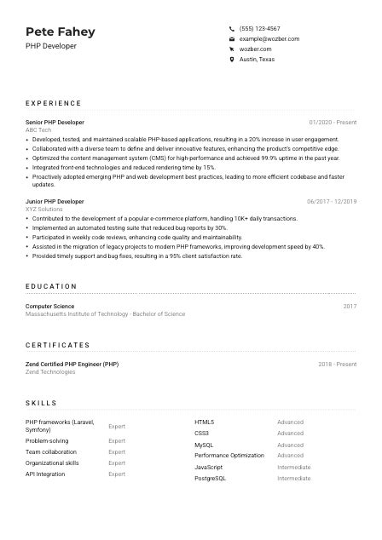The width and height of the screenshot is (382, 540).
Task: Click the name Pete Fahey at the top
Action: (61, 32)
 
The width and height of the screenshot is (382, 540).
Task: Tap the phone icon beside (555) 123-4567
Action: (232, 28)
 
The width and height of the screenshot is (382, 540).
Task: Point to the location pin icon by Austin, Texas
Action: (232, 60)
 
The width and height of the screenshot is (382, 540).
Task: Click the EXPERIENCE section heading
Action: (54, 102)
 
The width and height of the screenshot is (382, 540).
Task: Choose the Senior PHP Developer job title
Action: (55, 123)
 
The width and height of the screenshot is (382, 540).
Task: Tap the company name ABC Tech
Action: (38, 130)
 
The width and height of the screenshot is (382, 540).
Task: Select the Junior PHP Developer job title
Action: (55, 202)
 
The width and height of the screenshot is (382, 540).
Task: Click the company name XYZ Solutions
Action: (44, 210)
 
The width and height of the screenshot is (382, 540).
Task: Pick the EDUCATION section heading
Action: (51, 286)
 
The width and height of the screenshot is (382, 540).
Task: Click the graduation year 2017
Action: (350, 307)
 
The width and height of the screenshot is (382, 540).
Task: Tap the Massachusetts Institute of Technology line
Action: (105, 314)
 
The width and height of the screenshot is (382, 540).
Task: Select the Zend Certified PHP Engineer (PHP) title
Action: (72, 365)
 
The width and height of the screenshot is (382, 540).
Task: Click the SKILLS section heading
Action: (41, 403)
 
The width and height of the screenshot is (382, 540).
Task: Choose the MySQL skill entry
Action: (204, 445)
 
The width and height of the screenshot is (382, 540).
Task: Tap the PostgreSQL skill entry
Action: (210, 479)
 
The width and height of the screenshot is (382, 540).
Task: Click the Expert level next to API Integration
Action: (117, 474)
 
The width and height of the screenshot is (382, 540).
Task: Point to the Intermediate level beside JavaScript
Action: (293, 468)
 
